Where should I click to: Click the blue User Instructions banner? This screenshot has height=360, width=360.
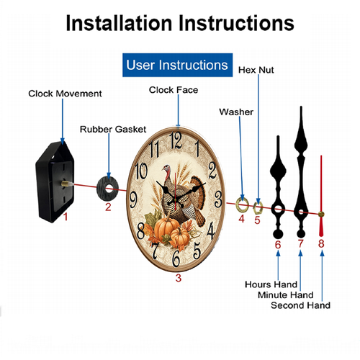coord(177,65)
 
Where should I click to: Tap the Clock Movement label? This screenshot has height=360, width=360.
coord(65,94)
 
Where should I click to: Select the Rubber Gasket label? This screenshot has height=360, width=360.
coord(113,130)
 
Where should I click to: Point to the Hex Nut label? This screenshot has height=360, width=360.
coord(256,70)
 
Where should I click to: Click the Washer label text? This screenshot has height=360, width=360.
coord(236,112)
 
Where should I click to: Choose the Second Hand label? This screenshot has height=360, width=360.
coord(300,305)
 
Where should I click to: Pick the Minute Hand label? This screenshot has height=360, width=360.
coord(286,294)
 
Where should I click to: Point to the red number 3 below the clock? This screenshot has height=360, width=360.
coord(179,278)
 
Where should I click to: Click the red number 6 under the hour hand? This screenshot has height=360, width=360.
coord(278,245)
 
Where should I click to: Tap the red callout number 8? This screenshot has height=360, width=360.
coord(321,243)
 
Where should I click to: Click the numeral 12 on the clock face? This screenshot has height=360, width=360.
coord(176,140)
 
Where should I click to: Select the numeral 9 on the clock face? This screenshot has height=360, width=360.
coord(133,199)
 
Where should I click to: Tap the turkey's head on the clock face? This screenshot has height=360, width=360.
coord(166,168)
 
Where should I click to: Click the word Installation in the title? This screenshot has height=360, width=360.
coord(119,23)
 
